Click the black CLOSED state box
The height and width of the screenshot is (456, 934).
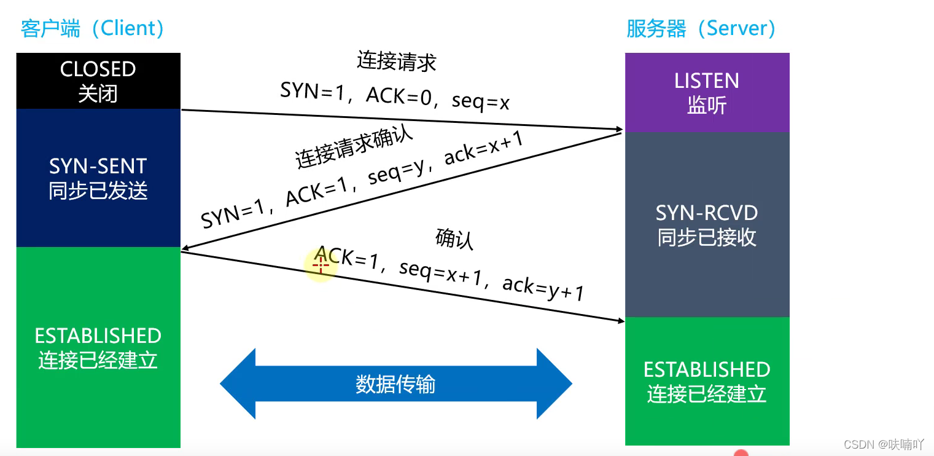pyautogui.click(x=98, y=81)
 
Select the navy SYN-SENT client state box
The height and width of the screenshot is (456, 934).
pyautogui.click(x=98, y=178)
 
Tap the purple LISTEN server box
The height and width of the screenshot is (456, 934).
pyautogui.click(x=707, y=93)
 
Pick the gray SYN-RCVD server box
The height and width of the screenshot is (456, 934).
pyautogui.click(x=707, y=225)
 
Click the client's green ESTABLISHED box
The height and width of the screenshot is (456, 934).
pyautogui.click(x=98, y=347)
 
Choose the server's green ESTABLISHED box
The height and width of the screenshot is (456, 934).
pyautogui.click(x=707, y=381)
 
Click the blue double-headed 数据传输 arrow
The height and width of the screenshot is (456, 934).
pyautogui.click(x=395, y=384)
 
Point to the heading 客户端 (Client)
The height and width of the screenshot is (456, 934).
pyautogui.click(x=92, y=28)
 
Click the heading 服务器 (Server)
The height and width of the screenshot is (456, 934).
pyautogui.click(x=701, y=28)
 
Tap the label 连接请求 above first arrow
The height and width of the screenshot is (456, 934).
pyautogui.click(x=397, y=61)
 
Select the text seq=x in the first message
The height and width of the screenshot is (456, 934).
pyautogui.click(x=480, y=101)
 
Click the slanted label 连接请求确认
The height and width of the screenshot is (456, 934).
pyautogui.click(x=355, y=148)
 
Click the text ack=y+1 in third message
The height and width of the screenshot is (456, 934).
pyautogui.click(x=543, y=288)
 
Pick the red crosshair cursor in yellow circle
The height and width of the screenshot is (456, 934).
pyautogui.click(x=321, y=265)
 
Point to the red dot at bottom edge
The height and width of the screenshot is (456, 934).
pyautogui.click(x=741, y=454)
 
